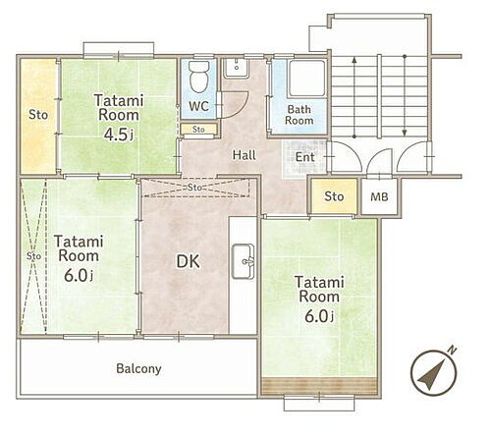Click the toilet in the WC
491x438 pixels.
pos(199,77)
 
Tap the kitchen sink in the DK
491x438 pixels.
pos(244,261)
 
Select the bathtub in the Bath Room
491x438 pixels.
pos(306,79)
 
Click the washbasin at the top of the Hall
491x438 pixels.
pos(236,68)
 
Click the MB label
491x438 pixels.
pos(379,196)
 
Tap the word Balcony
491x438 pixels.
pos(138,369)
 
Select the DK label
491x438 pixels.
pos(189,261)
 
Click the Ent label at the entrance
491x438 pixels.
pos(304,157)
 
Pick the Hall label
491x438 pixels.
pos(245,155)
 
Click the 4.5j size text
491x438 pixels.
pos(119,135)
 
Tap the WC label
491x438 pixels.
pos(199,106)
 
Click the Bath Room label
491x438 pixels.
pos(299,115)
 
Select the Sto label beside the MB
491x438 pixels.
pos(334,196)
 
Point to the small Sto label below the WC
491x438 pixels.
pos(198,130)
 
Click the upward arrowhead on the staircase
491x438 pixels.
pos(355,60)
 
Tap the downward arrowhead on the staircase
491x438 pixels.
pos(405,133)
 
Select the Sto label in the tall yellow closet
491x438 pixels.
pos(38,115)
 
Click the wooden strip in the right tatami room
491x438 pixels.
pos(320,386)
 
